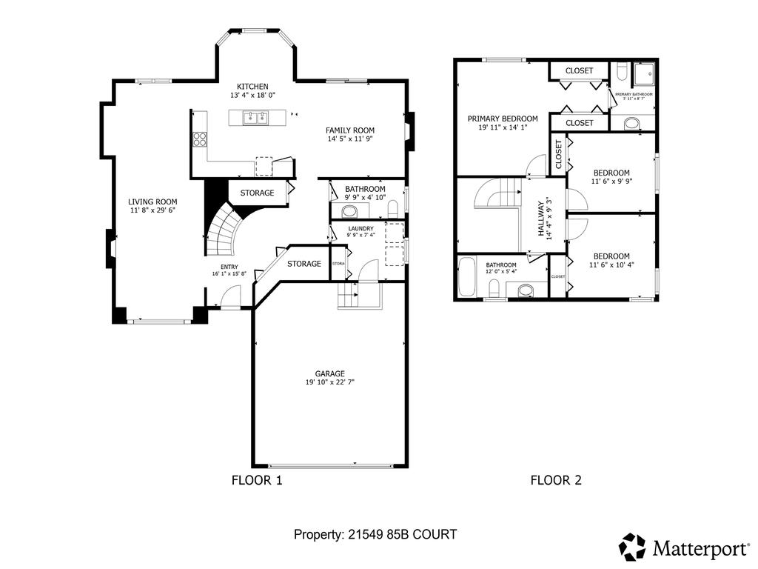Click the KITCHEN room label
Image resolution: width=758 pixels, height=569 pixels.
point(252,87)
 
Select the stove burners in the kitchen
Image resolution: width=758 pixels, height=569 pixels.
point(199,139)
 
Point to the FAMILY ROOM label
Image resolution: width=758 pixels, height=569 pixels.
point(350,130)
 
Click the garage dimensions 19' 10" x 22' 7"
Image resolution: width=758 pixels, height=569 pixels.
point(329,383)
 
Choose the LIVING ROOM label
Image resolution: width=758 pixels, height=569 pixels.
point(152,202)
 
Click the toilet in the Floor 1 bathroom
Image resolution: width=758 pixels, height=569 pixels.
point(393,205)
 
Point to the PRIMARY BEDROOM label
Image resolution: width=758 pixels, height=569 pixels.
point(502,119)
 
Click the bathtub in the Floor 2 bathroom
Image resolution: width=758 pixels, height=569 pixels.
point(467,277)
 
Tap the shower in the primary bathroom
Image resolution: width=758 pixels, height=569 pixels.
point(645,72)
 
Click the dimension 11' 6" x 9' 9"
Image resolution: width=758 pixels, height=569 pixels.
point(611,181)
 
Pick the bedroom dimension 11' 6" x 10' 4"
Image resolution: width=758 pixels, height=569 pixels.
point(611,264)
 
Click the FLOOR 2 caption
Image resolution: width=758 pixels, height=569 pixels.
point(556,480)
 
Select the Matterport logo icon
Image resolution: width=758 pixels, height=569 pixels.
point(633,547)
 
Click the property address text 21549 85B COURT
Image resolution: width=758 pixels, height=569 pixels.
point(375,533)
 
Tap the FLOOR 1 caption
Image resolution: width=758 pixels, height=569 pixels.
point(257,480)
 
